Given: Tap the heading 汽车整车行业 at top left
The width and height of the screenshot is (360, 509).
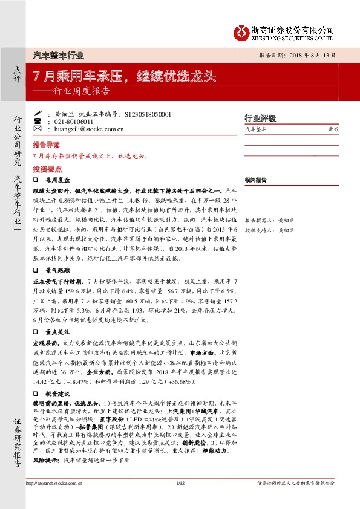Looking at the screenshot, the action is pyautogui.click(x=58, y=55).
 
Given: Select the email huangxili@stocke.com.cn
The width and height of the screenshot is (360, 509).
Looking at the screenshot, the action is pyautogui.click(x=81, y=128).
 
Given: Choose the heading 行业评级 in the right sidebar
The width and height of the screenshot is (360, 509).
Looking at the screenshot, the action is pyautogui.click(x=260, y=118).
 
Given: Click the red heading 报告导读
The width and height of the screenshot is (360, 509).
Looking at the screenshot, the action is pyautogui.click(x=47, y=146).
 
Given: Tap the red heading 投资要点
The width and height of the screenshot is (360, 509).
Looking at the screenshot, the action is pyautogui.click(x=47, y=170).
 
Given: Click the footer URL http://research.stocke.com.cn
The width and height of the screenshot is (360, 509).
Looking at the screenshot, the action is pyautogui.click(x=58, y=483).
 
